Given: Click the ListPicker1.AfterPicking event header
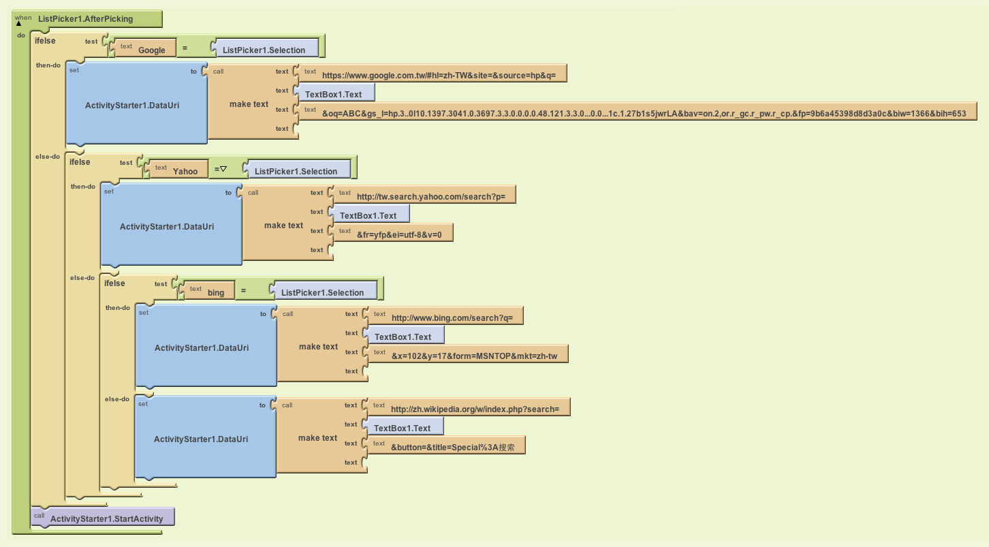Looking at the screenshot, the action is [87, 18].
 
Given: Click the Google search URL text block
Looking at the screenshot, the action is [433, 73].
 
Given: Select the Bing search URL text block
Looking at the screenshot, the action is [445, 315].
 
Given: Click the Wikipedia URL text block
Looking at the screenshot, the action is [468, 407].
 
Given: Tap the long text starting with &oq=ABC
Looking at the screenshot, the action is [637, 111].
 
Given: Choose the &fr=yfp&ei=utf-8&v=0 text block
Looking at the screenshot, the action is [392, 233].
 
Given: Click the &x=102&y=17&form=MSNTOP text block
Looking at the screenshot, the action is [467, 354].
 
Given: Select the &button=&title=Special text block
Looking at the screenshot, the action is [445, 445].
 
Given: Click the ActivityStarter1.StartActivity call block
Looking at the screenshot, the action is [103, 517].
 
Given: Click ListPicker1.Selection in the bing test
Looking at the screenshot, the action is [324, 290].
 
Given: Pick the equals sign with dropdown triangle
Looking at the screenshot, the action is [220, 169].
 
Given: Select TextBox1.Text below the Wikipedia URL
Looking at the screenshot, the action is [403, 426].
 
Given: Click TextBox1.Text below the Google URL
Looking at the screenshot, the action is [334, 92].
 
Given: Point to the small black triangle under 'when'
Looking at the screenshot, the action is [18, 23].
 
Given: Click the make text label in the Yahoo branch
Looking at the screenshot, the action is [283, 225].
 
